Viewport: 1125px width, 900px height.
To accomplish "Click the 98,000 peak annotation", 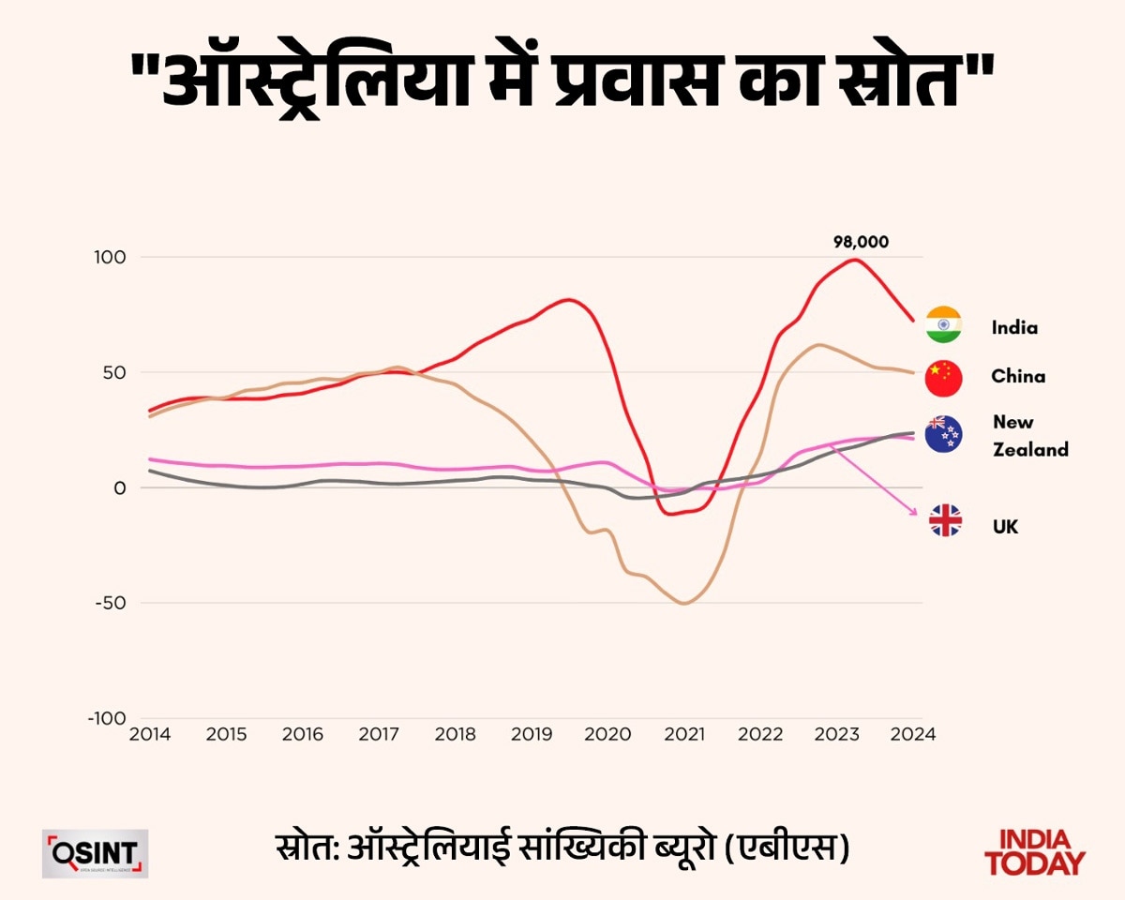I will [861, 242].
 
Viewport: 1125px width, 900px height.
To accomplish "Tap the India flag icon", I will [943, 324].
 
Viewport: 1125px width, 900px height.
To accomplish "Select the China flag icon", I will [943, 377].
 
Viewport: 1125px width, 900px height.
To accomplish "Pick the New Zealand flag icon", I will [943, 434].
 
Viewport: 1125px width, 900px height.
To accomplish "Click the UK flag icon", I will [945, 520].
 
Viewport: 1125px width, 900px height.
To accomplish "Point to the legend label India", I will [1014, 328].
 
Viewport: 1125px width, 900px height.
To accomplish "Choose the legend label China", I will [1018, 377].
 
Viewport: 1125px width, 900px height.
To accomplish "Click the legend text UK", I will [1004, 527].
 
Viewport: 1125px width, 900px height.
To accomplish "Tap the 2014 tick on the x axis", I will [149, 734].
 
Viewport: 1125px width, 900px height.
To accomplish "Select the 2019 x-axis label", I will [531, 734].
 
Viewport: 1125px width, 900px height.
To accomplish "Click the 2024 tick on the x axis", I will [913, 734].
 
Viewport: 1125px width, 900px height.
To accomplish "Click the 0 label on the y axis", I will [119, 487].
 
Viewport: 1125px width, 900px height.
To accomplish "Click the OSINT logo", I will [95, 853].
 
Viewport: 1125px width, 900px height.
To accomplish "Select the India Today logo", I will [1035, 852].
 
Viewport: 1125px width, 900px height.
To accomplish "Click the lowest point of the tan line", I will [683, 603].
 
